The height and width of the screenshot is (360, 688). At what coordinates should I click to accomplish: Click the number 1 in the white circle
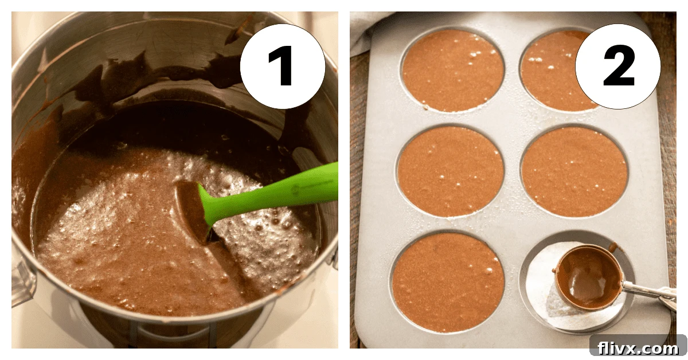(x=282, y=66)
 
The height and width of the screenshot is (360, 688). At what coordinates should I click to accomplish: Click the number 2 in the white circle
(x=618, y=66)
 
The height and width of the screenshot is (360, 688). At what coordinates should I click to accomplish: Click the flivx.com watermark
(x=638, y=347)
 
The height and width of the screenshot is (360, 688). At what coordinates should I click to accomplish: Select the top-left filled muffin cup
(x=452, y=70)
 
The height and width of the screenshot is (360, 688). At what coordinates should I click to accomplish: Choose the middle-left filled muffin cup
(x=451, y=171)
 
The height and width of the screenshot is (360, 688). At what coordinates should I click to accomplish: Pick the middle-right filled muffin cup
(x=574, y=171)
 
